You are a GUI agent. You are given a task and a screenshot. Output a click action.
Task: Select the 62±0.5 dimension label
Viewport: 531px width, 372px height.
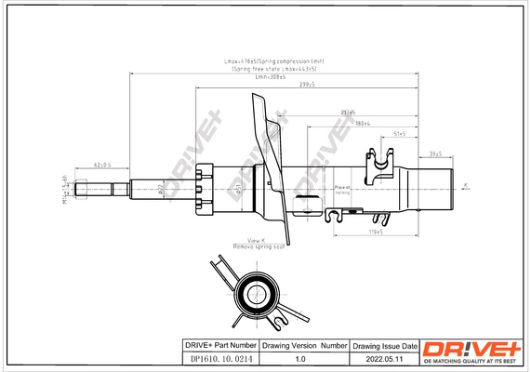pyautogui.click(x=102, y=165)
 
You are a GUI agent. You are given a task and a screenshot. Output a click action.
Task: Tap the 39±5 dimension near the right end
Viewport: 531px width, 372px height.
pyautogui.click(x=434, y=153)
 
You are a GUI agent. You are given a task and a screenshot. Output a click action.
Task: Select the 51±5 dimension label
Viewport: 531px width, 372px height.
pyautogui.click(x=400, y=134)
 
